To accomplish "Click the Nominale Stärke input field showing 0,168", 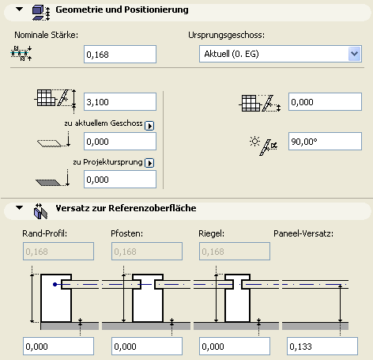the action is (x=120, y=55).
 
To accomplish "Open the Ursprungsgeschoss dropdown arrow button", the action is (x=354, y=54).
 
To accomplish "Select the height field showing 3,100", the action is (x=120, y=102).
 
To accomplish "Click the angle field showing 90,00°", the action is (x=325, y=142).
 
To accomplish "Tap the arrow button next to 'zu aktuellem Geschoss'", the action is (x=149, y=126).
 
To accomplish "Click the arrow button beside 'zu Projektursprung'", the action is (x=149, y=163).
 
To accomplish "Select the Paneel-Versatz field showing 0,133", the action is (x=322, y=347).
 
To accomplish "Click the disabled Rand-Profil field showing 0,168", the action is (x=58, y=252).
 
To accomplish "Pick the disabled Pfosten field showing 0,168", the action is (x=147, y=252).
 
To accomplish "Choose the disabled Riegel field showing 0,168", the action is (x=235, y=252).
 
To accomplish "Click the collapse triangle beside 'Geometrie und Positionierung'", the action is (x=19, y=9).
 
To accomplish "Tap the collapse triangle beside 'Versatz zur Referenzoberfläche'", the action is (x=19, y=208).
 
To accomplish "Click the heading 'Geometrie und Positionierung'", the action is (x=122, y=9).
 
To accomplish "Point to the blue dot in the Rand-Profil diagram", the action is (x=55, y=284).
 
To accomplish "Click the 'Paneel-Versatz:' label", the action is (x=303, y=233).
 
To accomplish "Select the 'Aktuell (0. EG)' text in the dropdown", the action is (x=232, y=54).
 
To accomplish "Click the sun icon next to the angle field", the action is (x=254, y=142).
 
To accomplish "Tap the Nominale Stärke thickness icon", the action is (x=21, y=53).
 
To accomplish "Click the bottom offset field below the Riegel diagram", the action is (x=235, y=347).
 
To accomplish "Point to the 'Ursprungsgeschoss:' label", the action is (x=227, y=35).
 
